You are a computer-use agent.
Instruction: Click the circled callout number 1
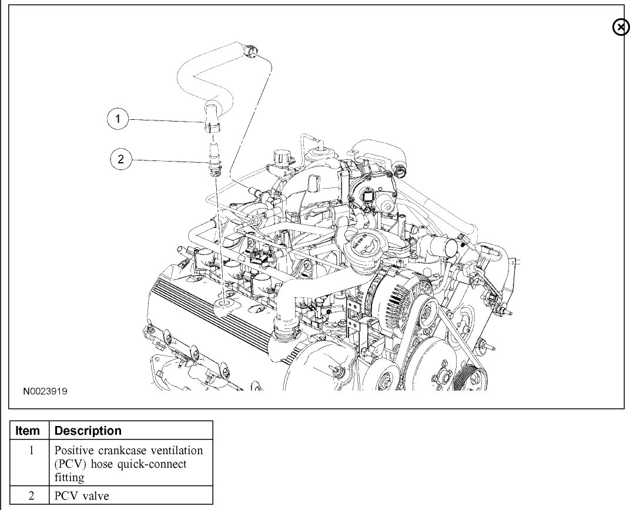(x=118, y=119)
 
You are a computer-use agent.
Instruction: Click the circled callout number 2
(x=121, y=159)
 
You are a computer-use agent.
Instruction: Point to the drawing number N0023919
(x=45, y=390)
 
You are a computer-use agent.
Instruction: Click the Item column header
(x=28, y=431)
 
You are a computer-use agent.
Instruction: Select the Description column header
(x=88, y=431)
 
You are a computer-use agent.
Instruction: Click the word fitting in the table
(x=69, y=477)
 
